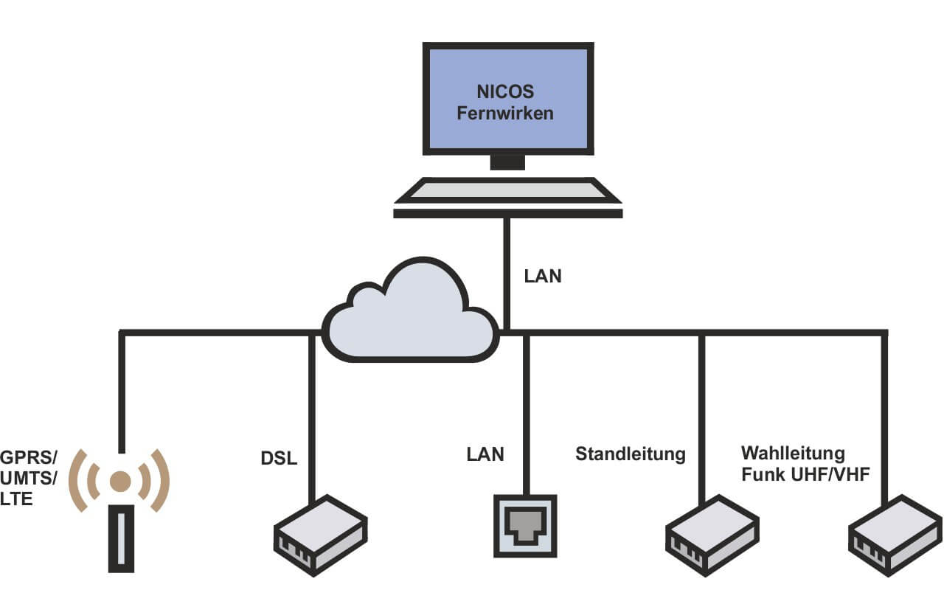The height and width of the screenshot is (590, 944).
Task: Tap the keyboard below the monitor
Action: tap(507, 192)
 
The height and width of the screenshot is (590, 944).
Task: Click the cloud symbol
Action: tap(410, 313)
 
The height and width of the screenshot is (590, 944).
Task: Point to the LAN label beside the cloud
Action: tap(543, 277)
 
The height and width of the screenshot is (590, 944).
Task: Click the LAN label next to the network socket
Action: tap(485, 454)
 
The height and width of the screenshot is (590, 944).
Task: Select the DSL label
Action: tap(279, 458)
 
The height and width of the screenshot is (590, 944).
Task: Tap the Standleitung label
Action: tap(631, 454)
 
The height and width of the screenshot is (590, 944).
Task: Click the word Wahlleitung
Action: tap(793, 452)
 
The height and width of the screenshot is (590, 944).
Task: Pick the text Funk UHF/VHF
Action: tap(806, 473)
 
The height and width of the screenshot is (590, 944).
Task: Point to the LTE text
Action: tap(17, 500)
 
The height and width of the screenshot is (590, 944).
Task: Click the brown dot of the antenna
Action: tap(120, 481)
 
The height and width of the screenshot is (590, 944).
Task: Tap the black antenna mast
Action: tap(121, 538)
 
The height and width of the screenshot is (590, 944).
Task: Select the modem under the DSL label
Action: tap(320, 535)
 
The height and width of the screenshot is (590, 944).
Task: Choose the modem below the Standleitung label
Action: tap(712, 535)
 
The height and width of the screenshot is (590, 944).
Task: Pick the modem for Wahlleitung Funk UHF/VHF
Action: tap(895, 535)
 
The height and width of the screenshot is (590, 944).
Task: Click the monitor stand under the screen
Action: tap(507, 162)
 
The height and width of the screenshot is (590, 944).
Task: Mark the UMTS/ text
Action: tap(29, 477)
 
